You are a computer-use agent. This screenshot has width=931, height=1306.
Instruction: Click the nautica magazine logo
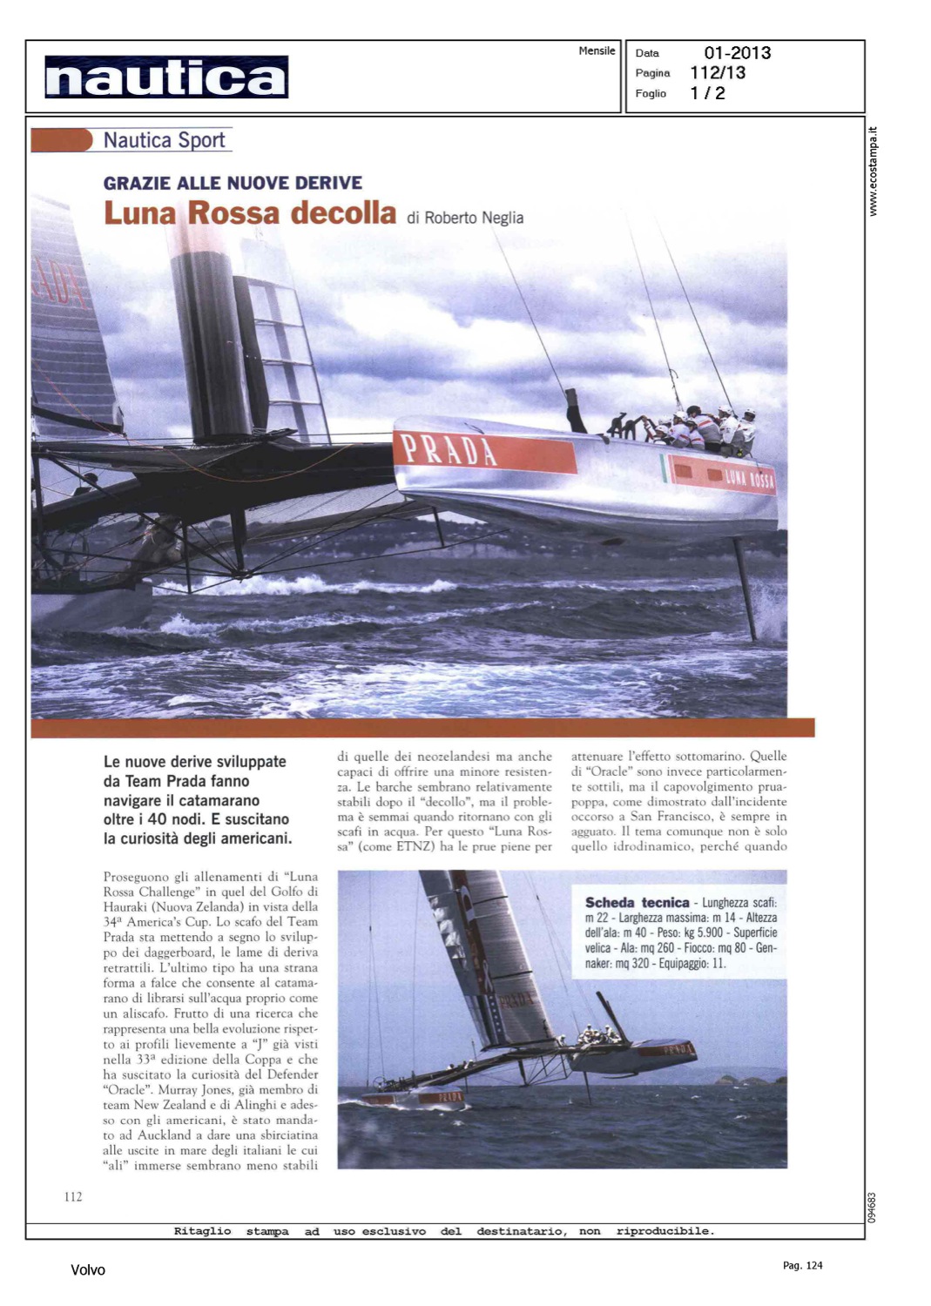166,77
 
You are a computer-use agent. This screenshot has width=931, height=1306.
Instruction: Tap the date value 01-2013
737,53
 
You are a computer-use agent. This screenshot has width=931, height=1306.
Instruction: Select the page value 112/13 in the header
718,73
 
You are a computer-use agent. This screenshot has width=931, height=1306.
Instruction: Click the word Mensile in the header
597,51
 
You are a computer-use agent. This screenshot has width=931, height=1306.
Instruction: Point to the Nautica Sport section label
164,140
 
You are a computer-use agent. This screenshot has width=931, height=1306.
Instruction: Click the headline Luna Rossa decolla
250,213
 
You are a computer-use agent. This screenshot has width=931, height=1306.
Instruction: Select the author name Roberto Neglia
474,218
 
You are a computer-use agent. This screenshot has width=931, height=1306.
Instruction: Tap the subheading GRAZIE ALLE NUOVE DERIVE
233,183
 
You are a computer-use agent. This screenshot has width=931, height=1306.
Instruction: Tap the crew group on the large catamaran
705,427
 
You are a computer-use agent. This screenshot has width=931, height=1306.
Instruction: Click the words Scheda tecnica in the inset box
637,903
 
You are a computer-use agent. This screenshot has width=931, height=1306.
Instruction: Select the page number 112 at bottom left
73,1197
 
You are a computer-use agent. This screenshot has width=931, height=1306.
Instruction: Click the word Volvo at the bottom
88,1270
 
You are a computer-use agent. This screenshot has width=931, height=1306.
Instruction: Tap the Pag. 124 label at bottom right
802,1265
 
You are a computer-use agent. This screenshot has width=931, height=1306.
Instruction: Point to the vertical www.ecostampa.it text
874,172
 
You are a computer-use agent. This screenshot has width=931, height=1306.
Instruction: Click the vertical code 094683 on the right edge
873,1208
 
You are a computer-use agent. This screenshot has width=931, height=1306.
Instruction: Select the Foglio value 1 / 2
707,93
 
